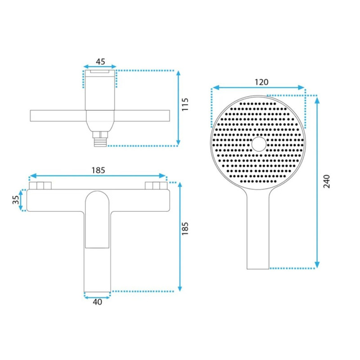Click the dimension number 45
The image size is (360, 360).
100,62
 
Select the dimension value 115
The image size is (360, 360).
185,104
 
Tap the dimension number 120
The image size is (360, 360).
261,82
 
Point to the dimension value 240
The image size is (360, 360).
327,181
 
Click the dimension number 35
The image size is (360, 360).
16,200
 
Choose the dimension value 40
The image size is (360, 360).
97,302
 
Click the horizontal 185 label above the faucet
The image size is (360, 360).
98,170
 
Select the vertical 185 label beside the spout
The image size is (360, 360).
185,229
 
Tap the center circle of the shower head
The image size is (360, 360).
259,144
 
